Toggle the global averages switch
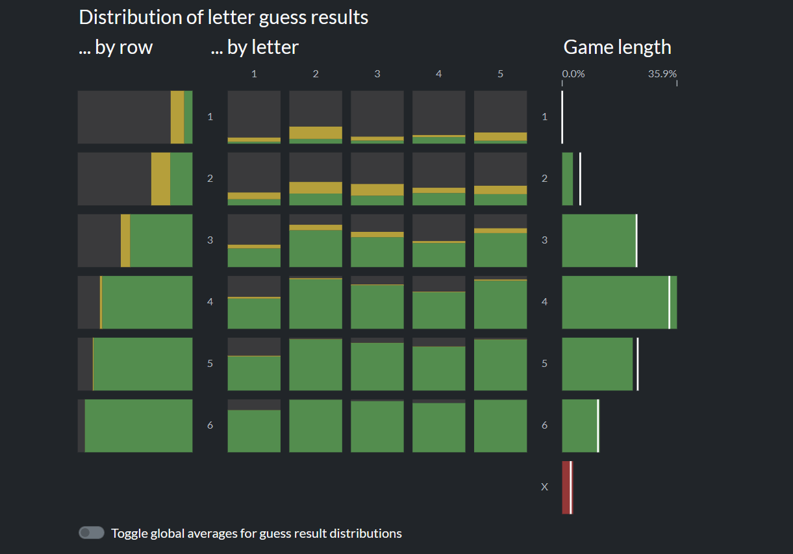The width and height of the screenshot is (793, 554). pyautogui.click(x=92, y=533)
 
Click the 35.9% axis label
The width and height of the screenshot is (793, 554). pyautogui.click(x=662, y=74)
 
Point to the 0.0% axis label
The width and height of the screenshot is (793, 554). pyautogui.click(x=573, y=74)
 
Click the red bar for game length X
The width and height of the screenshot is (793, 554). pyautogui.click(x=566, y=487)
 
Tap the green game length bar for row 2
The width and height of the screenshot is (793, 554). pyautogui.click(x=568, y=179)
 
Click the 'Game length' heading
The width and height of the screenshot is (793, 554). pyautogui.click(x=617, y=47)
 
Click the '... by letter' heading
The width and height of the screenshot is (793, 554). pyautogui.click(x=255, y=47)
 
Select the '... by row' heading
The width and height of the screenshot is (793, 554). pyautogui.click(x=116, y=47)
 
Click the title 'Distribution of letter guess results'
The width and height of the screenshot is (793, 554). pyautogui.click(x=223, y=18)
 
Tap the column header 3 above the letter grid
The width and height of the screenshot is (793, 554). pyautogui.click(x=377, y=74)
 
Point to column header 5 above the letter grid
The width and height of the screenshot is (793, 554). pyautogui.click(x=500, y=74)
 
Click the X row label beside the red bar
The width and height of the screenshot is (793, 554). pyautogui.click(x=544, y=487)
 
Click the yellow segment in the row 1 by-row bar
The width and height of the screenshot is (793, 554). pyautogui.click(x=177, y=117)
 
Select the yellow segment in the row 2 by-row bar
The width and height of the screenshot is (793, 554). pyautogui.click(x=160, y=179)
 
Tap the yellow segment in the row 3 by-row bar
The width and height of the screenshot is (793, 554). pyautogui.click(x=125, y=241)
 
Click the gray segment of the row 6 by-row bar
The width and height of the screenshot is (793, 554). pyautogui.click(x=81, y=426)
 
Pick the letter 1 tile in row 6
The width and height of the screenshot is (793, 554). pyautogui.click(x=254, y=426)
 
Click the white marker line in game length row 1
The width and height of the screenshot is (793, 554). pyautogui.click(x=562, y=117)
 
